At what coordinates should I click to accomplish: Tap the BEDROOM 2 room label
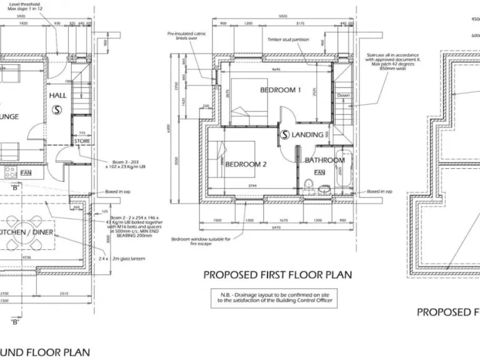point(246,164)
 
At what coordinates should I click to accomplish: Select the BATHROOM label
point(324,160)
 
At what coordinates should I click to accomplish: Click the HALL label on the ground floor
point(57,96)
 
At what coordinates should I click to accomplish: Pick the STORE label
point(82,141)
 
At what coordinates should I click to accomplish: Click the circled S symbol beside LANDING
point(284,134)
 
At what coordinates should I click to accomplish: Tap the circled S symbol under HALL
point(57,109)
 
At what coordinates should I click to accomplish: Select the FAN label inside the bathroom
point(319,172)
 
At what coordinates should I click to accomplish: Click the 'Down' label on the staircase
point(343,96)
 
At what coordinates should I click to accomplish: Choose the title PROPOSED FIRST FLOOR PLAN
point(277,275)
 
